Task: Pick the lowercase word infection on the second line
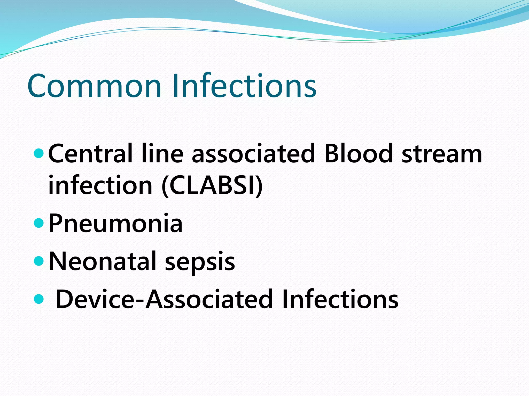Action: point(100,185)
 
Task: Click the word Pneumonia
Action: point(115,224)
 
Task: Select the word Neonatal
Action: point(102,261)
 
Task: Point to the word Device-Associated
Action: point(164,299)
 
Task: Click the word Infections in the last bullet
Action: point(340,299)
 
